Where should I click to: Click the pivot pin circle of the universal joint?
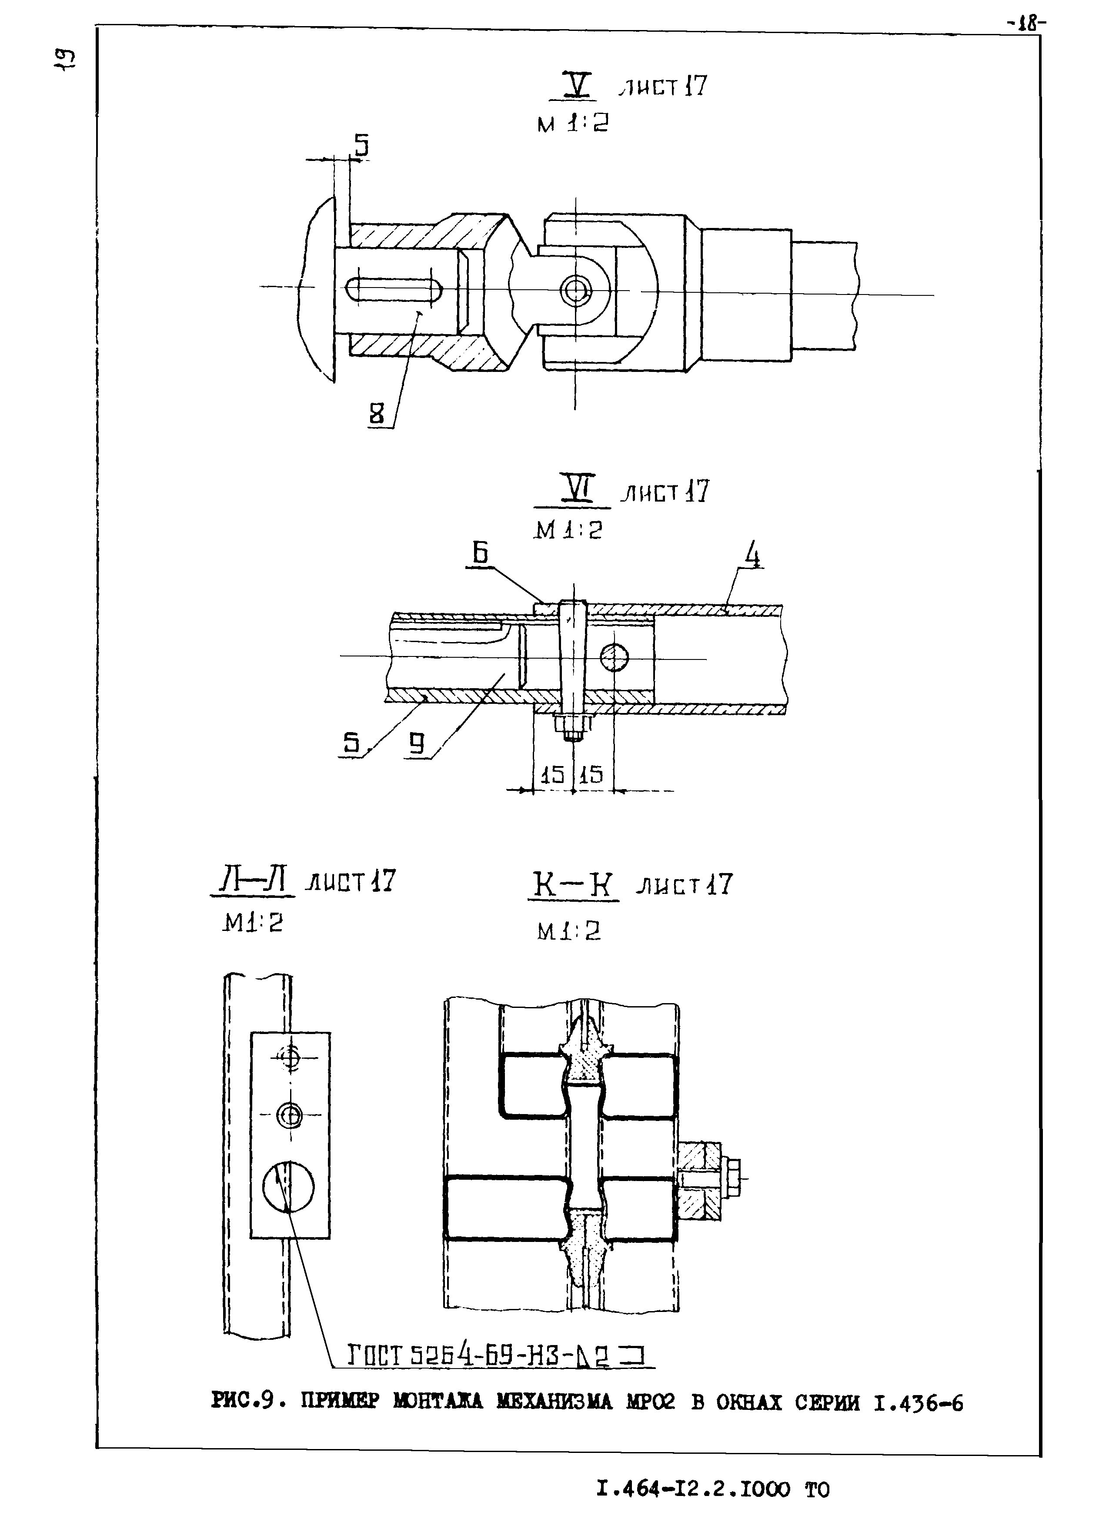pos(575,291)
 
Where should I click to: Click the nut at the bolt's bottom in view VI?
pos(571,726)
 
